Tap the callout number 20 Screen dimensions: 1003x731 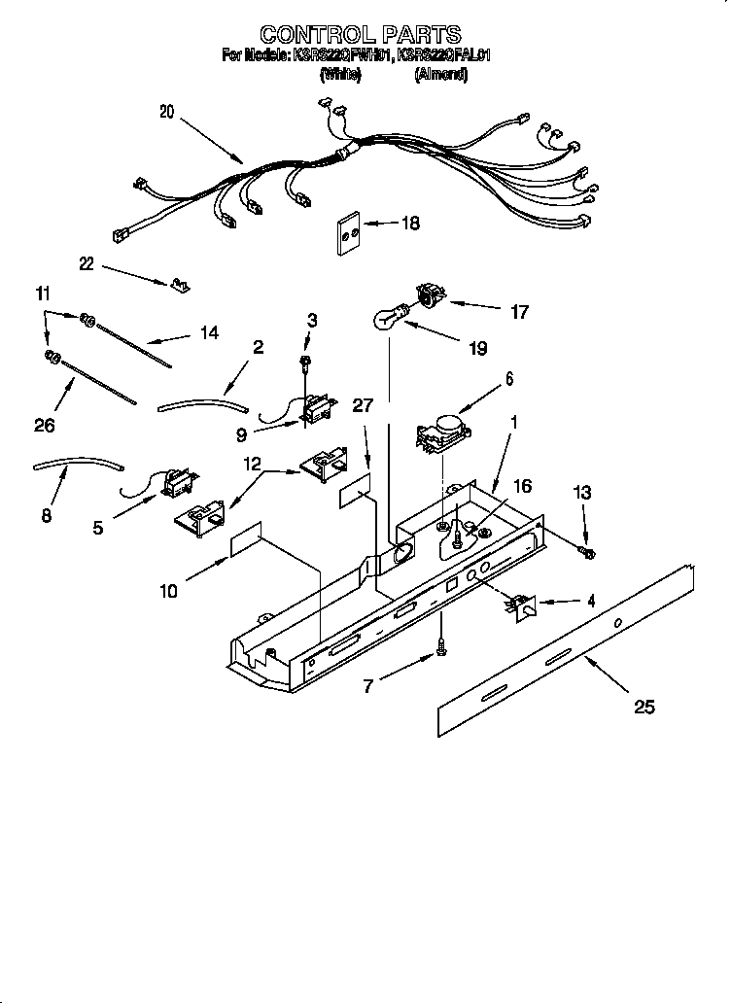pyautogui.click(x=166, y=112)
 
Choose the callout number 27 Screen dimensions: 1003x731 pyautogui.click(x=362, y=406)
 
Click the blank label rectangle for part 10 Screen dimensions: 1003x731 pyautogui.click(x=247, y=546)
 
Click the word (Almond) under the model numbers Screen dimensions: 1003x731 pyautogui.click(x=440, y=76)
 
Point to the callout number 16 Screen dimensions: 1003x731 pyautogui.click(x=522, y=486)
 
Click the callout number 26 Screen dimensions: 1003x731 pyautogui.click(x=44, y=425)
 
